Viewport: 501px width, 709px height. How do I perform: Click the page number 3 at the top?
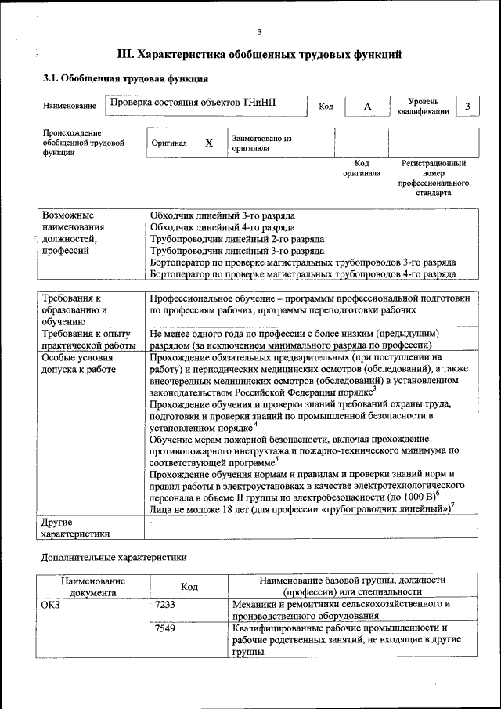[x=259, y=31]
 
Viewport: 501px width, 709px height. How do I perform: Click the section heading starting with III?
[x=259, y=55]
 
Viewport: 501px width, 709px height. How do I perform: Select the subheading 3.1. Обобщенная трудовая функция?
[x=124, y=79]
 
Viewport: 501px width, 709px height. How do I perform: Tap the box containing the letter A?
[x=367, y=106]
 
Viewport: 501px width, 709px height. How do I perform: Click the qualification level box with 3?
[x=467, y=106]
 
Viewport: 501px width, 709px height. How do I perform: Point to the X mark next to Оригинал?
[x=209, y=143]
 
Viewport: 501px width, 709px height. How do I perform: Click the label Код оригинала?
[x=362, y=168]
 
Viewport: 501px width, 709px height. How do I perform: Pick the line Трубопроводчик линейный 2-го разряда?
[x=236, y=239]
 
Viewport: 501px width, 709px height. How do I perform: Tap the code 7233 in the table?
[x=165, y=604]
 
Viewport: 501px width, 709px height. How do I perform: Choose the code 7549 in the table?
[x=165, y=628]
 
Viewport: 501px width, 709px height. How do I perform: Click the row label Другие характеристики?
[x=76, y=528]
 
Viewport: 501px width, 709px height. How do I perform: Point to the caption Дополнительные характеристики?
[x=114, y=557]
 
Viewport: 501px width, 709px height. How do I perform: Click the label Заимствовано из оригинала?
[x=261, y=143]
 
